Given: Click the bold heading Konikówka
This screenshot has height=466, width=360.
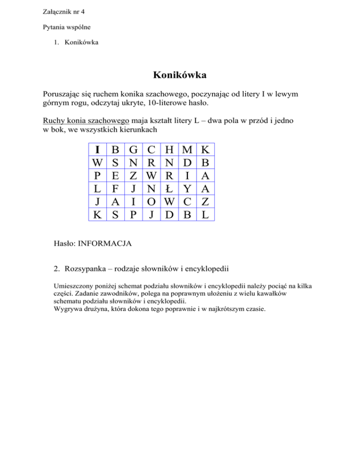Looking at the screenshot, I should pos(180,75).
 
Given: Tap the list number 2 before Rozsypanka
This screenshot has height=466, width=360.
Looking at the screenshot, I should pos(57,269).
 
